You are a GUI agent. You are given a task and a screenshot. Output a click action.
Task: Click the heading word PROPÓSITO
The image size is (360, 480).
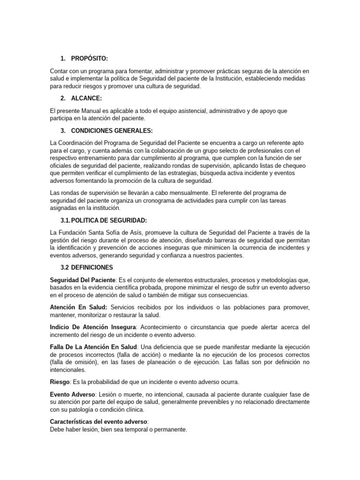click(x=89, y=58)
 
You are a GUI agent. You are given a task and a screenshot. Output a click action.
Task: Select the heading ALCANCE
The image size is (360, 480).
click(x=86, y=98)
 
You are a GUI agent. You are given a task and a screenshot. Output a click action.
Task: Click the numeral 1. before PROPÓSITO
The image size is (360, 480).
click(x=63, y=58)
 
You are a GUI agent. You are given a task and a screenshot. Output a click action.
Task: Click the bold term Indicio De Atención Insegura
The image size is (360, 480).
click(x=93, y=327)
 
